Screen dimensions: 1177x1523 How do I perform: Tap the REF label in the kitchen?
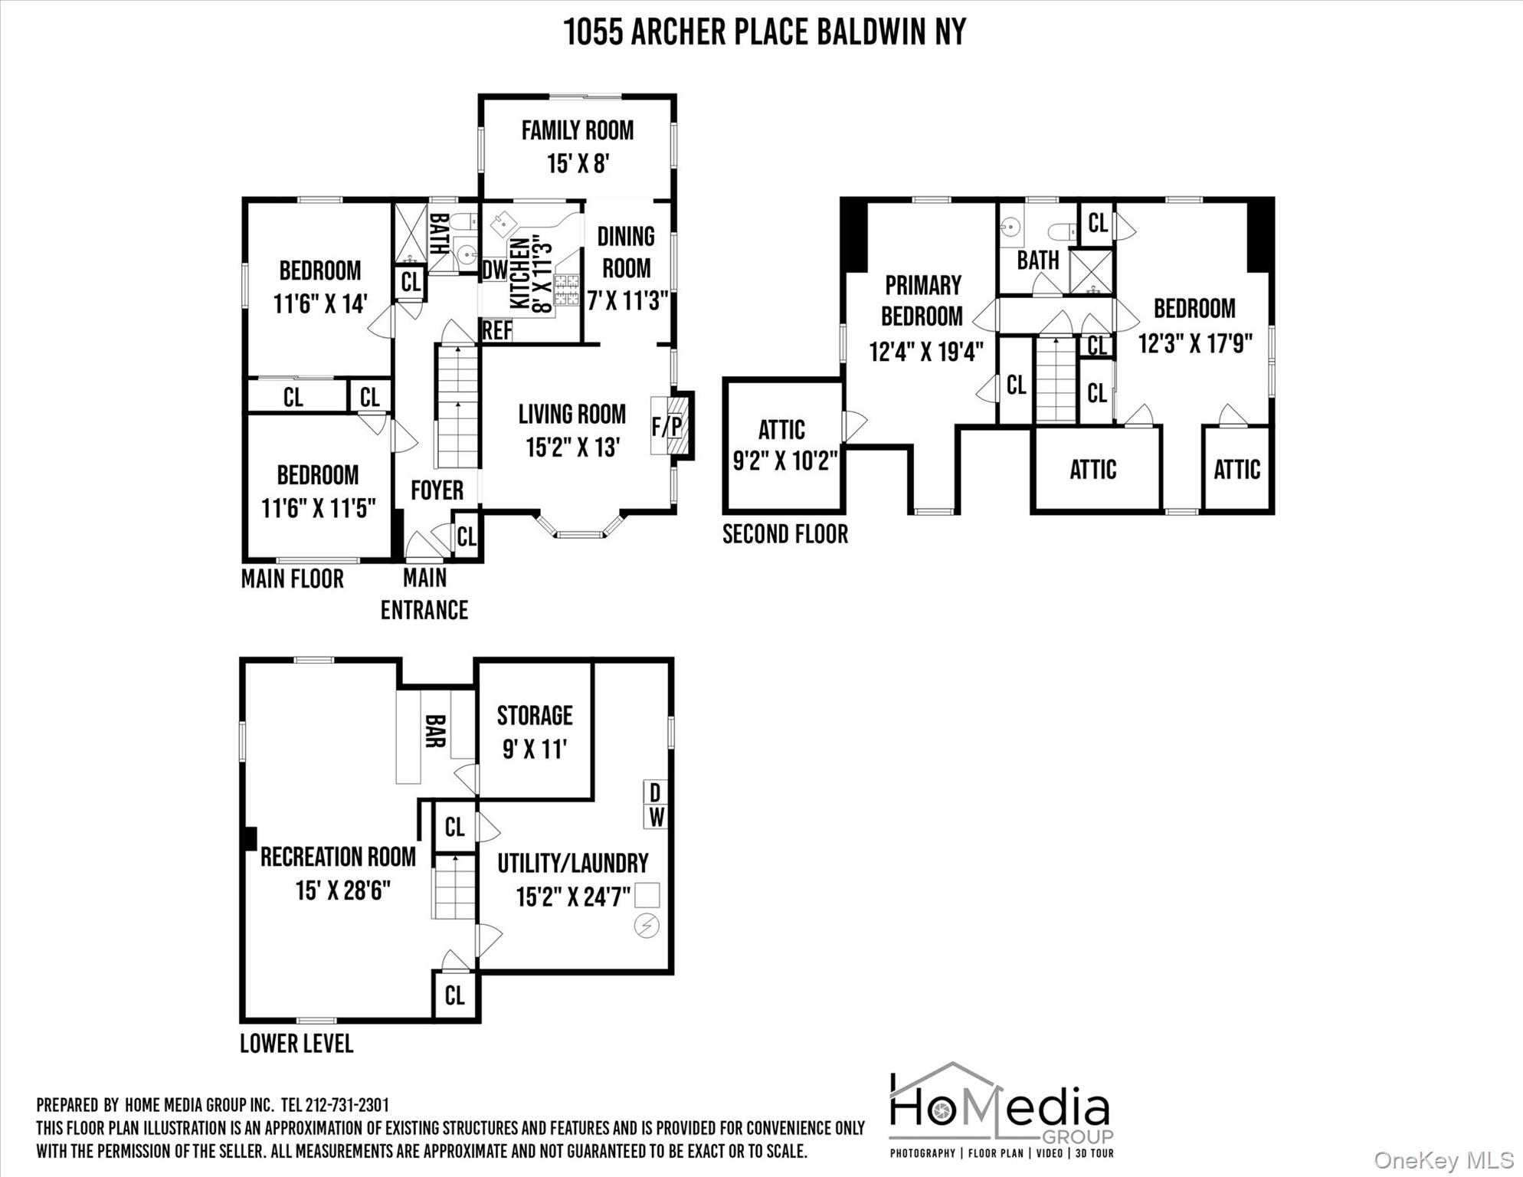coord(496,331)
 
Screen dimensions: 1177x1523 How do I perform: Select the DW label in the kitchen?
coord(494,270)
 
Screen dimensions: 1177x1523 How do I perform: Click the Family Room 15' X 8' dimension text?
coord(578,163)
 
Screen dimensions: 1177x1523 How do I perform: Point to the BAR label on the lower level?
coord(435,731)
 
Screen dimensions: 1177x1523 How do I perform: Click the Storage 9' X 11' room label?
coord(535,732)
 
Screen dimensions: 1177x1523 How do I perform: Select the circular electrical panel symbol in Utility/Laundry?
coord(647,926)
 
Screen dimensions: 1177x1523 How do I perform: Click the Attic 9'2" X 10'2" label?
coord(784,445)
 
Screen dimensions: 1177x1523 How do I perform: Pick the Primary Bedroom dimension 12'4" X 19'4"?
coord(925,352)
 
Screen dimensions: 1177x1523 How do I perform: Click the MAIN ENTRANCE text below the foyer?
coord(424,594)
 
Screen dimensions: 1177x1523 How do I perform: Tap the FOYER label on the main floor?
coord(437,490)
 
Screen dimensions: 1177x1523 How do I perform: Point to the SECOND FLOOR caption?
coord(785,534)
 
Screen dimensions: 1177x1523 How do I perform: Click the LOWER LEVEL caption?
coord(296,1044)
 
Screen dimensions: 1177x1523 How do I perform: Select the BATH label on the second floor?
coord(1037,261)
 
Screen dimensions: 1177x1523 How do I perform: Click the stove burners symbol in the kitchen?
coord(566,290)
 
